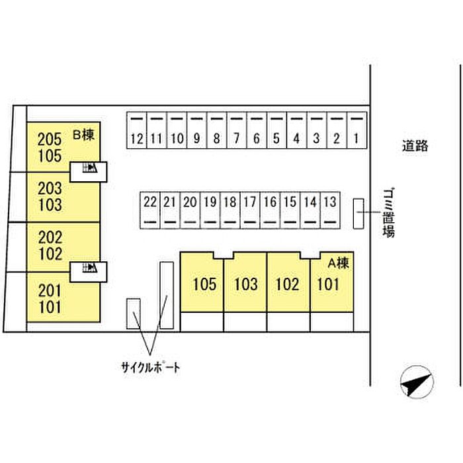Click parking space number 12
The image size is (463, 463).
(x=137, y=130)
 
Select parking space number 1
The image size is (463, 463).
(x=357, y=130)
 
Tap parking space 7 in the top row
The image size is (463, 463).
(x=237, y=130)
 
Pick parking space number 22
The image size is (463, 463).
(x=150, y=210)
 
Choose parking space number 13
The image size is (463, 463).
(x=330, y=210)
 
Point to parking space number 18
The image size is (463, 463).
(x=230, y=210)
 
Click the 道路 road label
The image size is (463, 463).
(x=415, y=146)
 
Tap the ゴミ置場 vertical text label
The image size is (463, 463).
(x=389, y=212)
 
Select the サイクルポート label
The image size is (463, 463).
(x=150, y=368)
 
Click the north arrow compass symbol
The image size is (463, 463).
(x=417, y=382)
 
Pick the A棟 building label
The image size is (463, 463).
(x=339, y=263)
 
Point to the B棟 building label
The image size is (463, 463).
(x=83, y=135)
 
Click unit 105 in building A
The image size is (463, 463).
(x=204, y=284)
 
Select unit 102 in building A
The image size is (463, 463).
(x=287, y=284)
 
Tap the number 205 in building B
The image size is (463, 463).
(x=50, y=139)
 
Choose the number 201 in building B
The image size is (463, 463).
(x=50, y=290)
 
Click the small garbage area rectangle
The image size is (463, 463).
(x=358, y=214)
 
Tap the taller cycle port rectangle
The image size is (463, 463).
(x=167, y=295)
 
